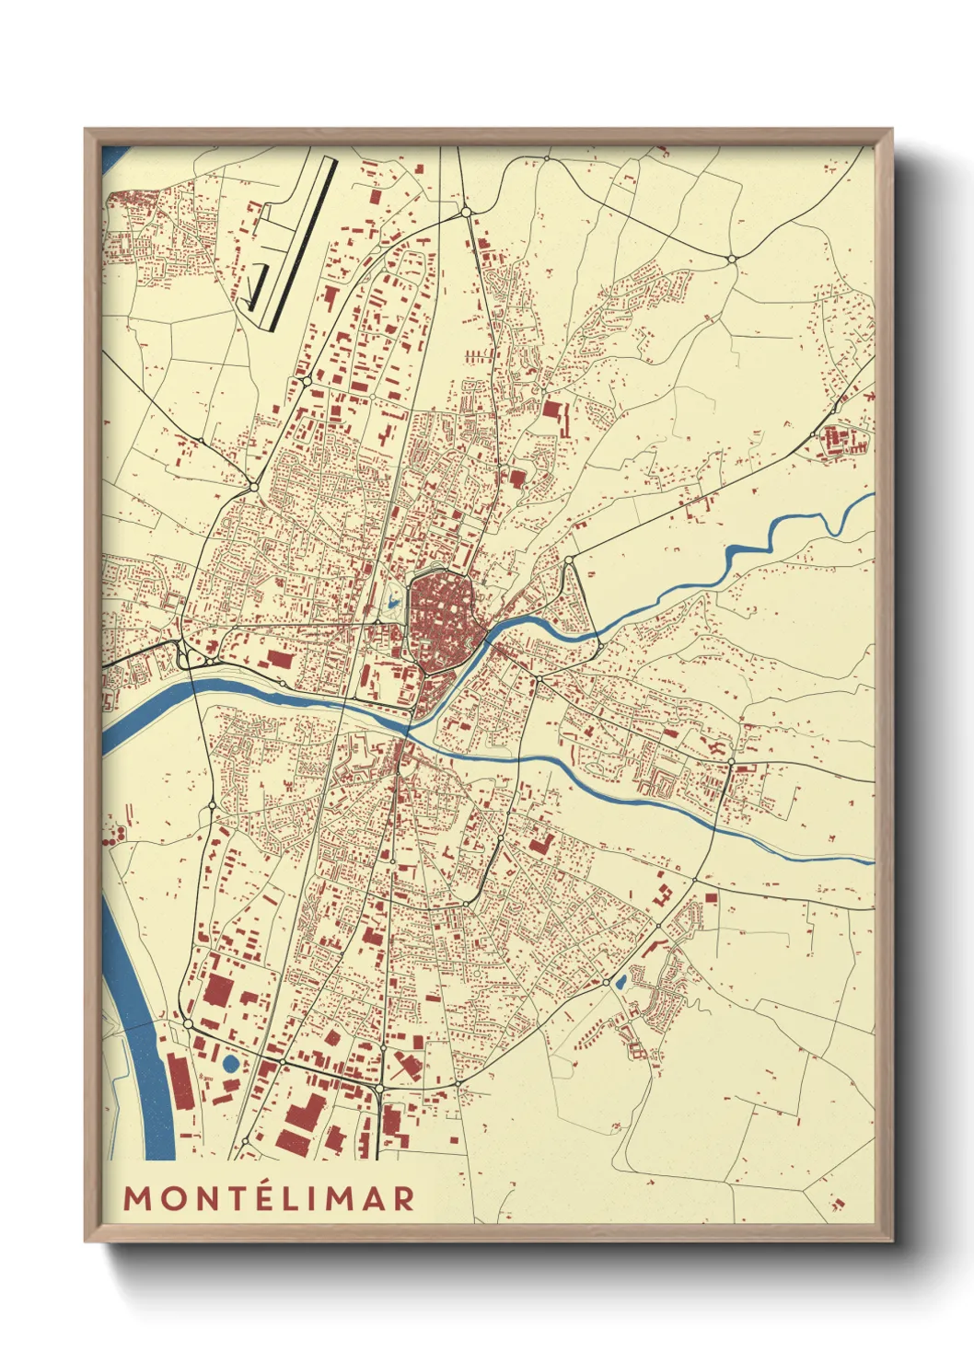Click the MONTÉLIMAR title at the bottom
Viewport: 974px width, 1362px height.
click(269, 1197)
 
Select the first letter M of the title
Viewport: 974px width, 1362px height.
click(137, 1198)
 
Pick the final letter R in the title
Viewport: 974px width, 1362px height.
click(402, 1198)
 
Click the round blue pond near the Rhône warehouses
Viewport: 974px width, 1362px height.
click(230, 1064)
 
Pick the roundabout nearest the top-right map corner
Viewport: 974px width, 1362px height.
click(732, 260)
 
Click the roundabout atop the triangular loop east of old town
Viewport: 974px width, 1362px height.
click(569, 560)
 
